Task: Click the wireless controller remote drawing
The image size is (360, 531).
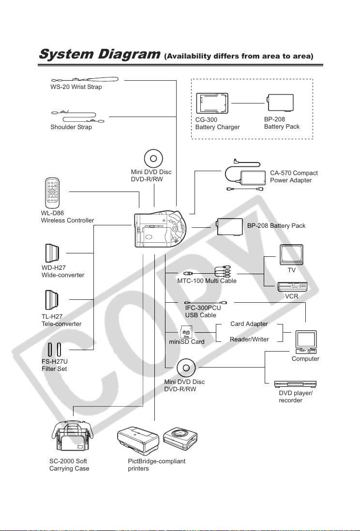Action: coord(52,192)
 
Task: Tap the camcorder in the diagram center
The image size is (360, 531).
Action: coord(160,229)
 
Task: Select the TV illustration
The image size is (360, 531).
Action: coord(291,255)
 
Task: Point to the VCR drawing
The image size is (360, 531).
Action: coord(292,287)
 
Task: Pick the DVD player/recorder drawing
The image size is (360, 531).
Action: coord(295,384)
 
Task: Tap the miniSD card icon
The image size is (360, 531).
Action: coord(186,332)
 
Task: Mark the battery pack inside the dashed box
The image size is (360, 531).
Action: coord(280,103)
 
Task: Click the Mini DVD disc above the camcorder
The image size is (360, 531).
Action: coord(153,159)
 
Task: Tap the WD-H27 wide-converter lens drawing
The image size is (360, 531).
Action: coord(52,253)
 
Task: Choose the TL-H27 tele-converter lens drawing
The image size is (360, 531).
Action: coord(52,300)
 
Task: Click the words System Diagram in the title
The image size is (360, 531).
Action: coord(99,54)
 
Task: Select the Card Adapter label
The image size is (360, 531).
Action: coord(249,324)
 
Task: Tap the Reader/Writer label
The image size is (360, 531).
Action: coord(249,339)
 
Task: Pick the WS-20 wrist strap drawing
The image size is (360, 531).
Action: coord(85,80)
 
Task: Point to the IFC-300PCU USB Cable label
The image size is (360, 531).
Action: coord(203,311)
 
